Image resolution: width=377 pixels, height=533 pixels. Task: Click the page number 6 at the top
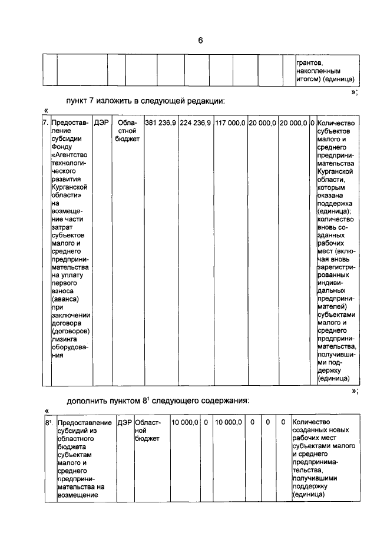[200, 40]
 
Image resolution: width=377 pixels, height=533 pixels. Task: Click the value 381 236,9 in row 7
[160, 123]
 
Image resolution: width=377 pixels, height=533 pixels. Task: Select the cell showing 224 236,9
[196, 123]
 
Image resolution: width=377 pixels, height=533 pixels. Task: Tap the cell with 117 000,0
[230, 123]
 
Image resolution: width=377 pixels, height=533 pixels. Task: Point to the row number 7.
[45, 123]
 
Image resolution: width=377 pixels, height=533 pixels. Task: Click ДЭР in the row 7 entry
[100, 123]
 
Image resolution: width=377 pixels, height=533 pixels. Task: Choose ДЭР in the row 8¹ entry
[124, 422]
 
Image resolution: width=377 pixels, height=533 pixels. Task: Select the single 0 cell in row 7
[312, 123]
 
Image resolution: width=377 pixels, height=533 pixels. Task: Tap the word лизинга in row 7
[65, 339]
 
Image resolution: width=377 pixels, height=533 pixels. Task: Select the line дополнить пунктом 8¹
[158, 400]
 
